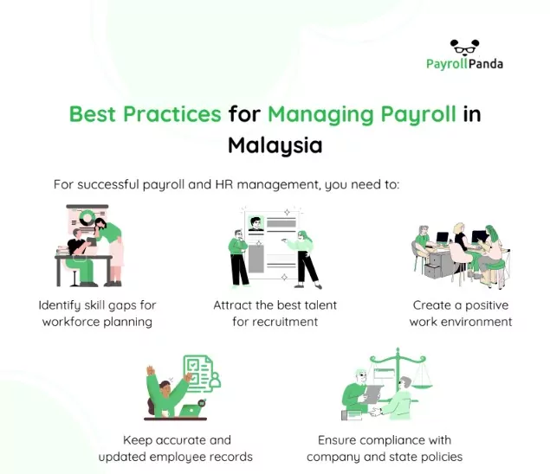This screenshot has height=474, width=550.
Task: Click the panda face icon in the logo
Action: [x=465, y=47]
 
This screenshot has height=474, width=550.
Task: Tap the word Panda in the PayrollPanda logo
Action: [x=486, y=64]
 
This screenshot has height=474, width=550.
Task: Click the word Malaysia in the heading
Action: [x=275, y=145]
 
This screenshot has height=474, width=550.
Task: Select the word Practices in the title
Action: [x=171, y=114]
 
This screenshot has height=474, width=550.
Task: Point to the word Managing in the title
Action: [x=321, y=115]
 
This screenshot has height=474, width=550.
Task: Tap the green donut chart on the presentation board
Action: [x=87, y=218]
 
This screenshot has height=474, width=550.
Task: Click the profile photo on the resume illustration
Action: [x=256, y=223]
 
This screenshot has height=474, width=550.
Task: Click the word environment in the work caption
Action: [x=476, y=322]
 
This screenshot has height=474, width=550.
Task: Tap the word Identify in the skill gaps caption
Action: [x=60, y=305]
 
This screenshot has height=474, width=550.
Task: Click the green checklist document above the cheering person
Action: [x=198, y=373]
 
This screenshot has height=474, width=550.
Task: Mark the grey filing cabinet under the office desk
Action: [x=436, y=265]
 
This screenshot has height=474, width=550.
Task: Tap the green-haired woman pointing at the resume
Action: [x=302, y=259]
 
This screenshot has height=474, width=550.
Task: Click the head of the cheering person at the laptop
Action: [x=165, y=388]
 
